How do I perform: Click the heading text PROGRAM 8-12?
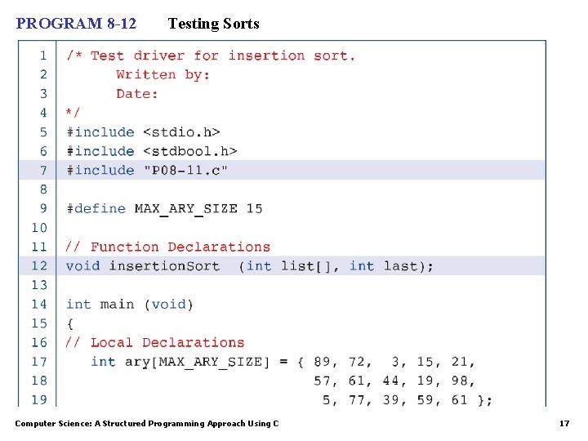(x=77, y=24)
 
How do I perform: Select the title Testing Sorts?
(x=213, y=24)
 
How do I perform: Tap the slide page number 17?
(x=563, y=423)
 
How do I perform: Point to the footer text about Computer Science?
(x=147, y=423)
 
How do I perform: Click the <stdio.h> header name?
(x=181, y=131)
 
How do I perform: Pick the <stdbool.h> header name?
(x=189, y=151)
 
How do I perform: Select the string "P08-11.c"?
(x=185, y=170)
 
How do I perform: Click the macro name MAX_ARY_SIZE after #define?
(x=185, y=208)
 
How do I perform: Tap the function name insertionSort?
(x=164, y=265)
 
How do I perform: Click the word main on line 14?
(x=117, y=304)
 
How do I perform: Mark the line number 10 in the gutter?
(x=39, y=227)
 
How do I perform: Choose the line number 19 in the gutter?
(x=39, y=399)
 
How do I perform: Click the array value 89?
(x=323, y=361)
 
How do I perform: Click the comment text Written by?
(x=163, y=74)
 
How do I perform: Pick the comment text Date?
(x=137, y=94)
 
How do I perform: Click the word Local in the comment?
(x=112, y=342)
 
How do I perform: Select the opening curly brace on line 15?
(x=69, y=323)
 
